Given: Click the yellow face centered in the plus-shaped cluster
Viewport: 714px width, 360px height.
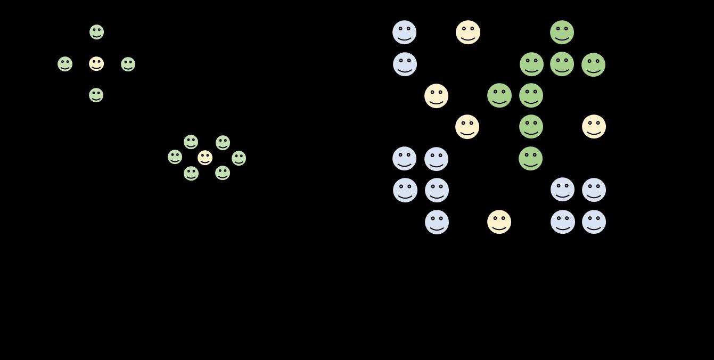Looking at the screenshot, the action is tap(96, 64).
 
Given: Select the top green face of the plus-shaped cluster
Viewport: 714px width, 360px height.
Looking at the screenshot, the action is tap(96, 32).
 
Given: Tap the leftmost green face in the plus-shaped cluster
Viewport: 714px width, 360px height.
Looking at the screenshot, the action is tap(65, 64).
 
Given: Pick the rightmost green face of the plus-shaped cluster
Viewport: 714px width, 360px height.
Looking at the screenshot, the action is tap(128, 64).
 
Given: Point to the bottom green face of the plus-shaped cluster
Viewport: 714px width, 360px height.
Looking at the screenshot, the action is tap(96, 95).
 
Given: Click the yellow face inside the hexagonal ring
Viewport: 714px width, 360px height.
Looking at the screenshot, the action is tap(205, 158).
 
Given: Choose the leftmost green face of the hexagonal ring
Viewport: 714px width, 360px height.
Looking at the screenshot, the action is tap(175, 157).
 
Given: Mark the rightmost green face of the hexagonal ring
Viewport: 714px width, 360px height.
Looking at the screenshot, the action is tap(239, 158).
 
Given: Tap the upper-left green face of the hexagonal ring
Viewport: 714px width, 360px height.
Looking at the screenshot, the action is tap(191, 142).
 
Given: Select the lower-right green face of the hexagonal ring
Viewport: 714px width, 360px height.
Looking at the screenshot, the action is tap(223, 173).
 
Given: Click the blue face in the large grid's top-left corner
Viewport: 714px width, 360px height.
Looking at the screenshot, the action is tap(405, 32).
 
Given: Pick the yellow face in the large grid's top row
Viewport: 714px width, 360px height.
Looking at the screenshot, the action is tap(468, 32).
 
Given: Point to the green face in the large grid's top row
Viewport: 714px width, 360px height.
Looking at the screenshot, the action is tap(562, 32).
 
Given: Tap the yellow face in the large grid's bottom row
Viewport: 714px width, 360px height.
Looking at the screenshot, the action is tap(499, 222).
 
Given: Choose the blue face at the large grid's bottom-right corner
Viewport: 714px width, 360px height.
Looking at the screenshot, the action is tap(594, 222).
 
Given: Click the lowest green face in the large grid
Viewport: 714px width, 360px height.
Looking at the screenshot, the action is tap(531, 159).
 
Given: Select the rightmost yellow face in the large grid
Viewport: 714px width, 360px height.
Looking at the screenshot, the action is tap(594, 127).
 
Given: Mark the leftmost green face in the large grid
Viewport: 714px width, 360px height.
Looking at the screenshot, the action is tap(499, 96).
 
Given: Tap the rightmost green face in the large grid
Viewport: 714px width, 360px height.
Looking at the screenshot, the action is tap(593, 65).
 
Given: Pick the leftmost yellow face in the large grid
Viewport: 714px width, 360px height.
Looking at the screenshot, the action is tap(437, 96).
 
